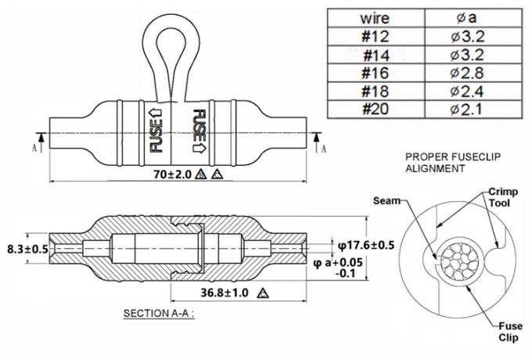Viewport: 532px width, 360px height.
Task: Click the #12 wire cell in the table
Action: click(x=376, y=36)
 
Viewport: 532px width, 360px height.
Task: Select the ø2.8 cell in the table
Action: click(x=467, y=73)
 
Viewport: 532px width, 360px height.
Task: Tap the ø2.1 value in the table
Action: click(x=467, y=110)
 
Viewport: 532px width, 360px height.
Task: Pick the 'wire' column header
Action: click(x=375, y=18)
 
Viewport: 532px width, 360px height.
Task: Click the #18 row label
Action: click(x=376, y=91)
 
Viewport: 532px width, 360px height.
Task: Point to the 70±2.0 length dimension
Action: click(x=173, y=175)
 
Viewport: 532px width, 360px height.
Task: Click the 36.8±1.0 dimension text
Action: click(x=225, y=293)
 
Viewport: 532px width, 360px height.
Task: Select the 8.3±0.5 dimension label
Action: click(x=28, y=250)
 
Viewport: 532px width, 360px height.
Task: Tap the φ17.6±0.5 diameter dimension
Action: click(x=366, y=245)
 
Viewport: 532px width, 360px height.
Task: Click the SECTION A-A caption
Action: click(x=159, y=313)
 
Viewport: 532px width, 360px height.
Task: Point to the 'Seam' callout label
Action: click(x=386, y=201)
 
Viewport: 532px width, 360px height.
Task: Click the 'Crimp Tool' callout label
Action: click(x=503, y=197)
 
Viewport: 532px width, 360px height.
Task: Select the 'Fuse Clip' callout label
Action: click(x=510, y=332)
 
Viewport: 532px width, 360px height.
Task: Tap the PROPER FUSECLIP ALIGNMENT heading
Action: click(x=453, y=163)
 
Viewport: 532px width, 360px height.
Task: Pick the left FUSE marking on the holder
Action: click(x=156, y=130)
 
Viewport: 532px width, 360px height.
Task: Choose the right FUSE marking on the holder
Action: click(x=199, y=131)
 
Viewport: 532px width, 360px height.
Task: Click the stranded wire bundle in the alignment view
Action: click(x=459, y=262)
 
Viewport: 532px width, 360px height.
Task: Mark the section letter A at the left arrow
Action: click(x=34, y=148)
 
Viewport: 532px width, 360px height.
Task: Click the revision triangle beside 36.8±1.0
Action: click(x=263, y=293)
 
